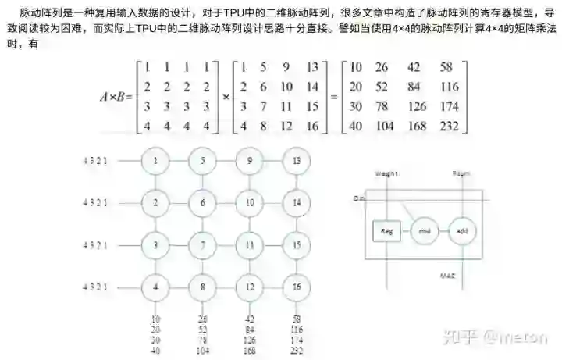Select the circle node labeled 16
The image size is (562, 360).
tap(297, 287)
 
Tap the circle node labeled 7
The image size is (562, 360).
tap(202, 245)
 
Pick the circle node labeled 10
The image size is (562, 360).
tap(250, 203)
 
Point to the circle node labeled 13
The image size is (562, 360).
tap(297, 161)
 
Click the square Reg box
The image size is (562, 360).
tap(386, 232)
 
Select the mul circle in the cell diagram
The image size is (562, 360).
tap(425, 232)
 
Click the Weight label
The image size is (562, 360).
tap(386, 173)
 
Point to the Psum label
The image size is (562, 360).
tap(461, 173)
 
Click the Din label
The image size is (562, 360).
tap(359, 199)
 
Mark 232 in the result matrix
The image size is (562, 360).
tap(450, 125)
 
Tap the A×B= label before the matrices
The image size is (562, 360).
tap(116, 97)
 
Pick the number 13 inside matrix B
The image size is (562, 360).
tap(313, 66)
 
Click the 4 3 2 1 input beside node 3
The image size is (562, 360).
tap(94, 245)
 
